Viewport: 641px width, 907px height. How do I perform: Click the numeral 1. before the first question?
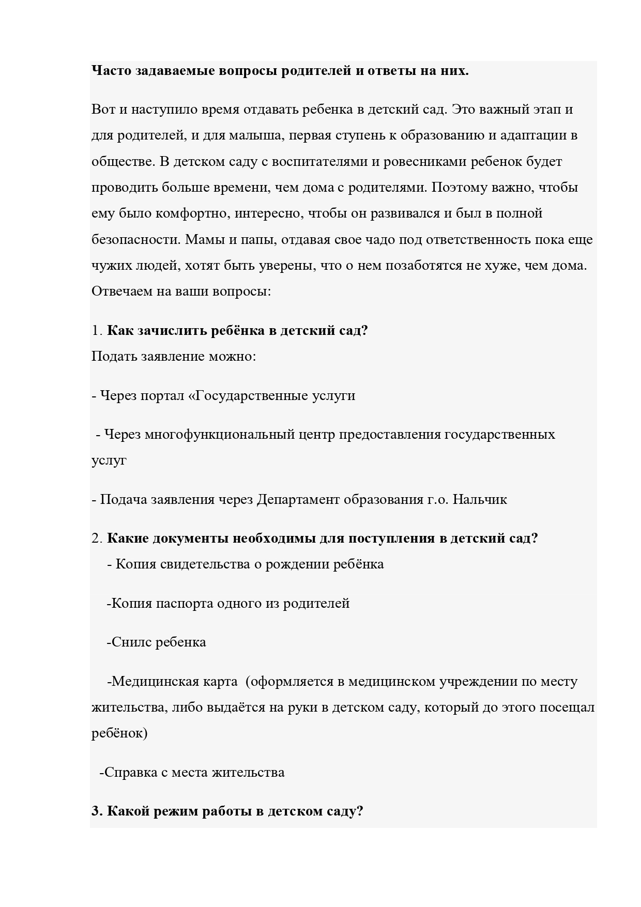point(97,331)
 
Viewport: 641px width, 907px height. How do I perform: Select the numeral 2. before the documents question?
point(97,539)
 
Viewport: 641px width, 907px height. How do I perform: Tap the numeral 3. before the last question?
point(97,811)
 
